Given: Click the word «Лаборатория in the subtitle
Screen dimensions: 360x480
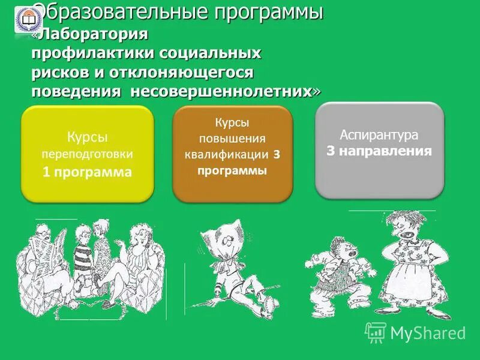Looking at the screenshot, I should (x=90, y=35).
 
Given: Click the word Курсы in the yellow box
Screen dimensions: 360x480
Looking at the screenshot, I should (x=87, y=137).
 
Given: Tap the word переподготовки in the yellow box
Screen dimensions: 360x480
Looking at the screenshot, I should (x=87, y=154).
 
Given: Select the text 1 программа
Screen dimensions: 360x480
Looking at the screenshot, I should (x=87, y=172).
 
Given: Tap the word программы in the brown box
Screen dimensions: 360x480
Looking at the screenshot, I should (x=232, y=170).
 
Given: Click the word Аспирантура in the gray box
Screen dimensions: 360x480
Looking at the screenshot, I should (x=379, y=134).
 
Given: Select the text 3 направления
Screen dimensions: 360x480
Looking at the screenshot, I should (x=379, y=151).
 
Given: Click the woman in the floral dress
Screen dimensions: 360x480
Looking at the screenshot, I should (x=414, y=264).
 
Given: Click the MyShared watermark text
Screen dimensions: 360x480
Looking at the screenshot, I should (x=427, y=332).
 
